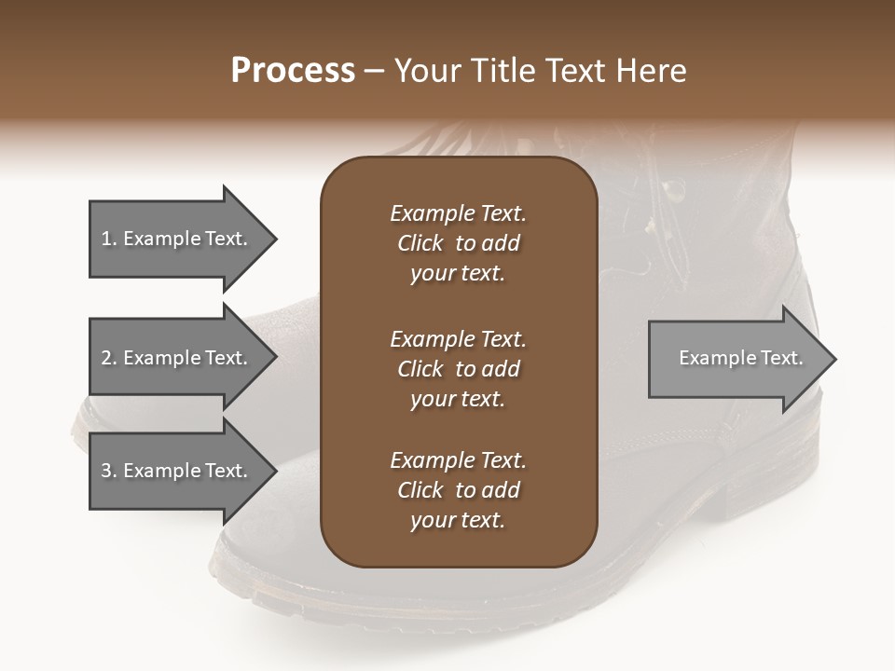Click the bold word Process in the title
[293, 71]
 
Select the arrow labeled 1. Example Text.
[177, 239]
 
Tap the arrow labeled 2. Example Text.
[177, 358]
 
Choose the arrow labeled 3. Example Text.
[177, 471]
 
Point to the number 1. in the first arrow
[108, 239]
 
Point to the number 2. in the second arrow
[108, 358]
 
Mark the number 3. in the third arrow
[108, 471]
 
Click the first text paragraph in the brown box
[458, 243]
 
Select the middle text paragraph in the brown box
[458, 369]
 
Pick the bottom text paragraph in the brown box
[458, 490]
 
